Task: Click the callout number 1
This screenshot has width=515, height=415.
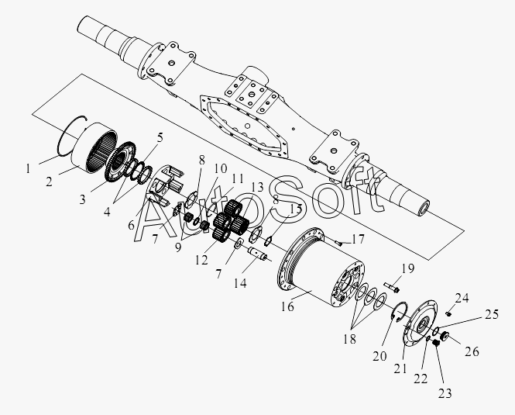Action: [28, 169]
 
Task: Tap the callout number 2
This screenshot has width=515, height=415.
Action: [50, 182]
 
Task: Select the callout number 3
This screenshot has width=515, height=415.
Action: [82, 199]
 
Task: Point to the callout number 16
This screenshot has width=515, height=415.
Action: [287, 306]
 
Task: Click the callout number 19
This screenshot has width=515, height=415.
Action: [407, 268]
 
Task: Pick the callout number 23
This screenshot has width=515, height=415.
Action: [445, 393]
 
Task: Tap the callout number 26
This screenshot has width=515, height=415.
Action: [472, 351]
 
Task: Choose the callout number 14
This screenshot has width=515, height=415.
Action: [240, 283]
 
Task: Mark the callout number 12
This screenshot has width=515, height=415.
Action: [201, 260]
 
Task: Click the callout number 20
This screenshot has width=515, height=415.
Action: [379, 356]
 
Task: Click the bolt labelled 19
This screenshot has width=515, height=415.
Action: [391, 287]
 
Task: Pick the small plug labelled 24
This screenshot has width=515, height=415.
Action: [448, 313]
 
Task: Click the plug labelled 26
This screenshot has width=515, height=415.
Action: [445, 336]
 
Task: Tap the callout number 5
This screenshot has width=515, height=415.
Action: [160, 137]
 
